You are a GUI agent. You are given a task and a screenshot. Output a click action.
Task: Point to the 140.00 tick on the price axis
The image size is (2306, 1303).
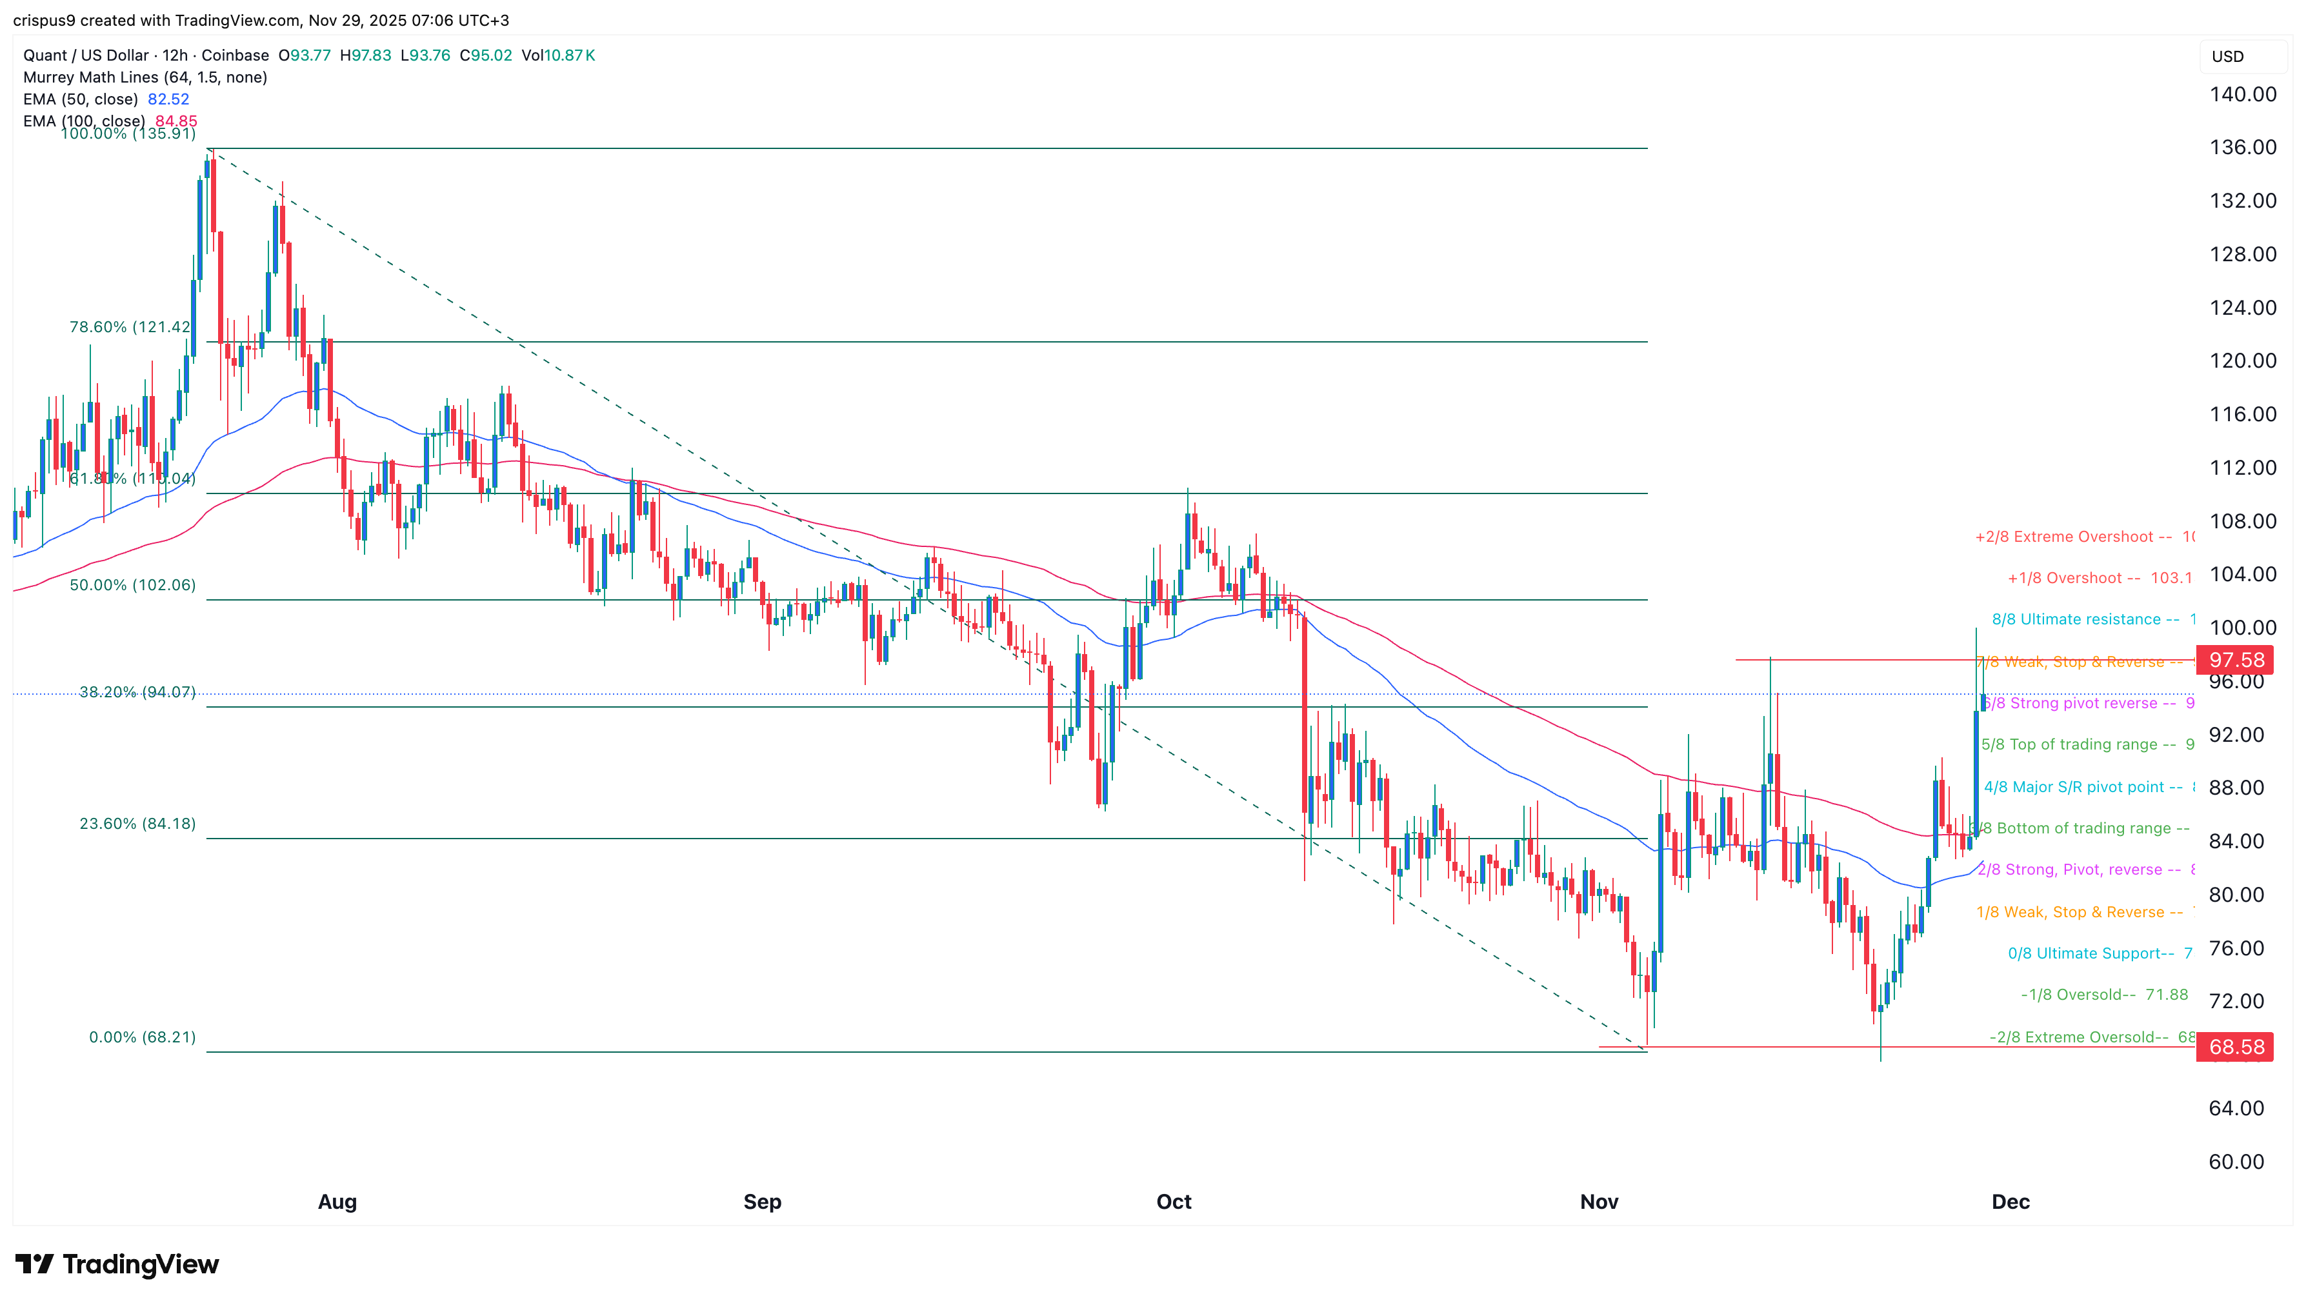(x=2241, y=94)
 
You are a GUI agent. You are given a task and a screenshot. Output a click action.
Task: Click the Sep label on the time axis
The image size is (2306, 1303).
(x=762, y=1202)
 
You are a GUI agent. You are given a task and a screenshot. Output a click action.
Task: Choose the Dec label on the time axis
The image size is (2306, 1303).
(x=2010, y=1202)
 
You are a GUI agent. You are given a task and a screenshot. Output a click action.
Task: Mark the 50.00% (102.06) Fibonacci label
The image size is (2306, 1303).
(x=132, y=585)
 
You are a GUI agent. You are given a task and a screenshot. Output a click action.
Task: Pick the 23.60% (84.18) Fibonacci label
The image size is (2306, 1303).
(x=137, y=823)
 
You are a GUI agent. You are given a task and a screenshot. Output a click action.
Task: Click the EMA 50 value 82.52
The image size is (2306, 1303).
(x=168, y=99)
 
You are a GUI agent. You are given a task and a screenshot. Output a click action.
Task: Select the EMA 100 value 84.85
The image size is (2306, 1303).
(x=176, y=121)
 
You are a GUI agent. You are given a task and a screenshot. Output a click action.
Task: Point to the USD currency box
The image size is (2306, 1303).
(x=2227, y=56)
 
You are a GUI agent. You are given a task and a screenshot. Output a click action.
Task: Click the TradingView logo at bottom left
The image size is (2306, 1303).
(x=116, y=1264)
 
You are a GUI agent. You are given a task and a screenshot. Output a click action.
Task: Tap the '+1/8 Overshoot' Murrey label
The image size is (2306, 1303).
(x=2073, y=578)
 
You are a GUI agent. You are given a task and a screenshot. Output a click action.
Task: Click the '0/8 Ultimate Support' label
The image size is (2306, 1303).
(x=2090, y=953)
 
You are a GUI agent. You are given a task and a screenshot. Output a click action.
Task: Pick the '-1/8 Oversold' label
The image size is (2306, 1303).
(x=2078, y=994)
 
